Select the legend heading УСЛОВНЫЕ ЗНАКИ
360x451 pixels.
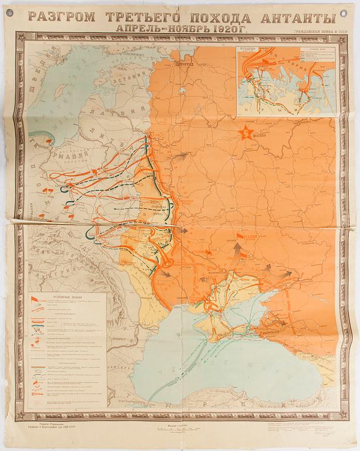[x=67, y=297]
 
